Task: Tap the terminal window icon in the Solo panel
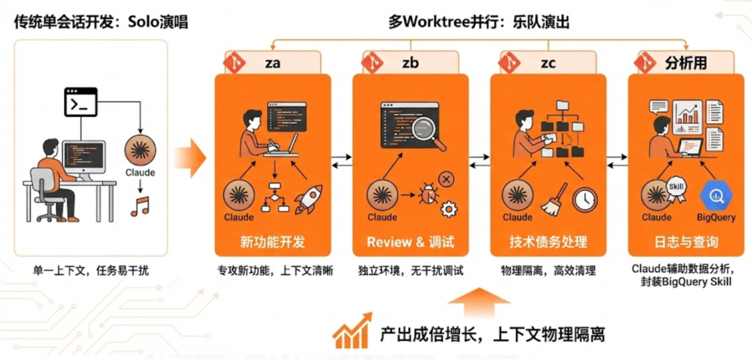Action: tap(80, 102)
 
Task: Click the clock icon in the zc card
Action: tap(585, 199)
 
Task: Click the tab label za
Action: tap(272, 62)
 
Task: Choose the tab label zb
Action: tap(410, 62)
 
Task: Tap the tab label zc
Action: tap(548, 62)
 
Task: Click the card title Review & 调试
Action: tap(410, 242)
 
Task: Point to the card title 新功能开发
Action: tap(272, 242)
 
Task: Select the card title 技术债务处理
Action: tap(548, 242)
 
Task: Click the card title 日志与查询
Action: tap(686, 242)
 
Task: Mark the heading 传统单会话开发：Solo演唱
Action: tap(101, 22)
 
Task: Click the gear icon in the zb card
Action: tap(449, 208)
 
